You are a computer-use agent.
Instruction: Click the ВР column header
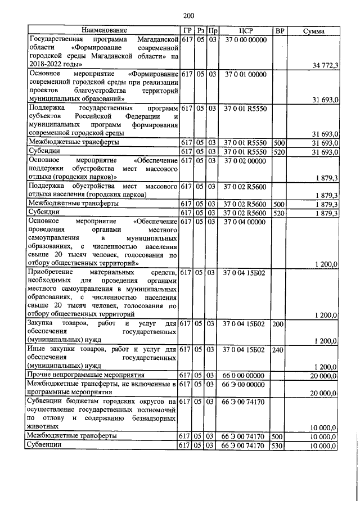point(279,30)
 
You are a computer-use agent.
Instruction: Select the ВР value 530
point(278,445)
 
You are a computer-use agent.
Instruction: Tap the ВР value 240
point(278,349)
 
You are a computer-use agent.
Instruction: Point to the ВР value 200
point(278,324)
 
